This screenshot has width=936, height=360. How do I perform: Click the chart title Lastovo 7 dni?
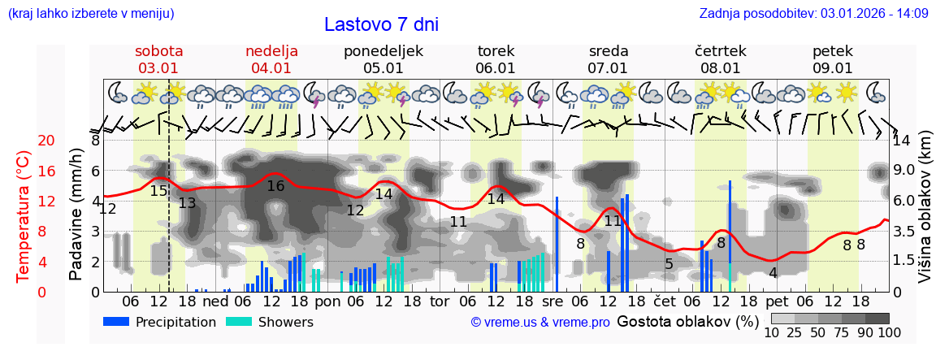381,24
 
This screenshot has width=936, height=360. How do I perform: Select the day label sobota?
159,51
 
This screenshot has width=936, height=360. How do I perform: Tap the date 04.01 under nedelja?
271,68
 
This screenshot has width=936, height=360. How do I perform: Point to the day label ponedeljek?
383,51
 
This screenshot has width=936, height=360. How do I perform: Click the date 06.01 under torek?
496,68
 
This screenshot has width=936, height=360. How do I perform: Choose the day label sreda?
608,51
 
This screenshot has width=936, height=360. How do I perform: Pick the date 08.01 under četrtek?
720,68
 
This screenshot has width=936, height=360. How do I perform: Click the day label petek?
832,51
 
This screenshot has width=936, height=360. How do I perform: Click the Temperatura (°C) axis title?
24,216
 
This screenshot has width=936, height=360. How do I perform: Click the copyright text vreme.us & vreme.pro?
540,323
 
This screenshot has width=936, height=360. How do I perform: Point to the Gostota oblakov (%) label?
687,322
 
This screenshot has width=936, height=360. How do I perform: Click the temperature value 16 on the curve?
275,186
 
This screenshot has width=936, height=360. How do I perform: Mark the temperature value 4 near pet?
773,273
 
